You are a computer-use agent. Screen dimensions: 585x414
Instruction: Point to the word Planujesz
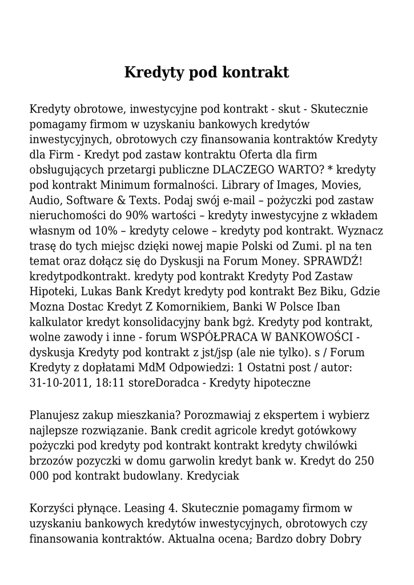[56, 414]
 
